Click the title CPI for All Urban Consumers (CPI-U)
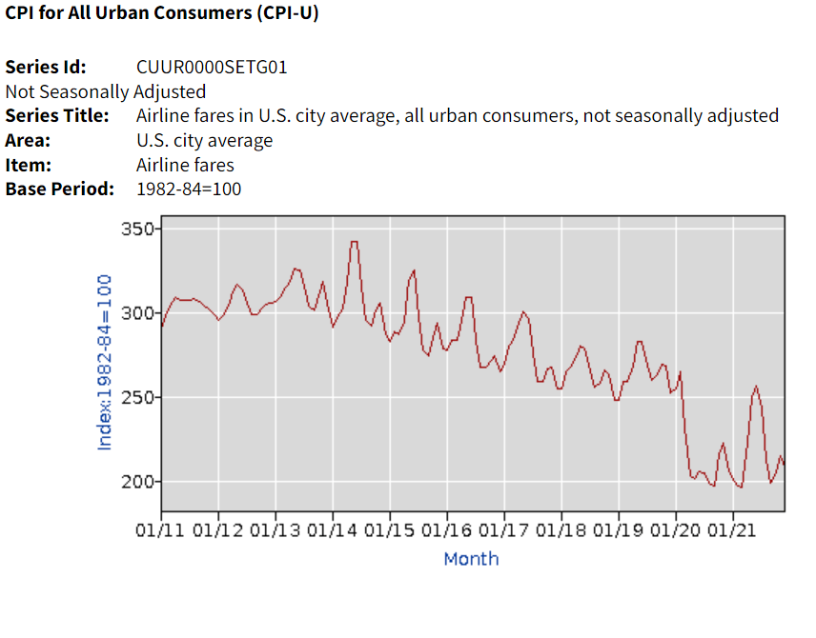162,16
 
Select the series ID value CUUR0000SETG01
212,68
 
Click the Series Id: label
46,68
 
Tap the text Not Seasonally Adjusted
105,92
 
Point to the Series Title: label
57,116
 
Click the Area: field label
29,141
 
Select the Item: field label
29,165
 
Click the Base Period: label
59,189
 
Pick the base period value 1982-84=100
189,189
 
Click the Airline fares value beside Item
185,165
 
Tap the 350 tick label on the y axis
137,230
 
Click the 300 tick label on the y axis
137,313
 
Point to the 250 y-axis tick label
137,397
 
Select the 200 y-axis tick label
137,482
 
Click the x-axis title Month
471,559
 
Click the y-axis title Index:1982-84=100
105,363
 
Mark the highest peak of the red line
354,242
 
